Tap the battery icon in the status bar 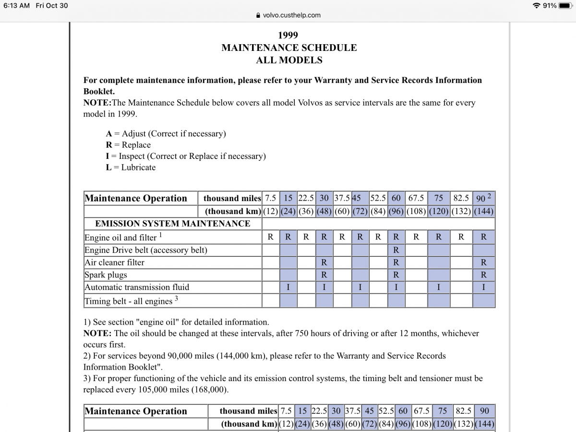tap(564, 5)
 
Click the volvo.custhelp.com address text tap(291, 15)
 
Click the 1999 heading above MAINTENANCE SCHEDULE tap(288, 35)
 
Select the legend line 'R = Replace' tap(128, 145)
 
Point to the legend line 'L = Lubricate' tap(131, 168)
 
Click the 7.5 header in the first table tap(271, 198)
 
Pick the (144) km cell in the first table tap(484, 211)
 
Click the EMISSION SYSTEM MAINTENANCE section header tap(173, 224)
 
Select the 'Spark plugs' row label tap(106, 275)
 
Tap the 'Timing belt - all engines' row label tap(128, 301)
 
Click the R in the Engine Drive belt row tap(396, 250)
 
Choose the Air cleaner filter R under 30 tap(324, 263)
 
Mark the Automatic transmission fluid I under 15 tap(288, 287)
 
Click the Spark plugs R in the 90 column tap(483, 275)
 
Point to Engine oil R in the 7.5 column tap(271, 237)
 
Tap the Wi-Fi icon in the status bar tap(536, 5)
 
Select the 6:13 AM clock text tap(16, 5)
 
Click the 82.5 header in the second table tap(464, 411)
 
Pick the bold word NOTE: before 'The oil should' tap(97, 333)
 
